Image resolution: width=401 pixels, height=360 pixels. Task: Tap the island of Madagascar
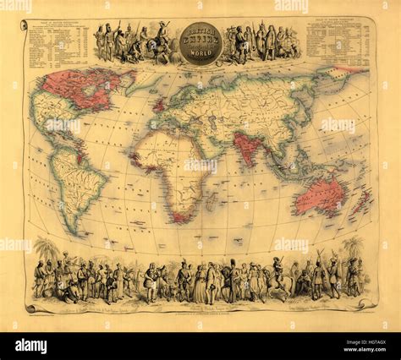pos(206,196)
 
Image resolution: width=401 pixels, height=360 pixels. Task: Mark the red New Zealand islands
pos(363,203)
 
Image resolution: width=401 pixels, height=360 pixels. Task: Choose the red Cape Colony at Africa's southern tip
pos(179,215)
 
